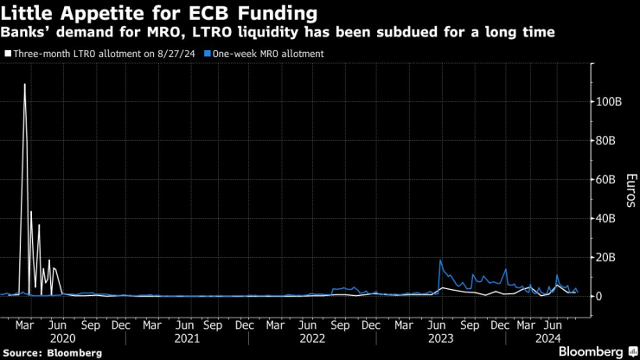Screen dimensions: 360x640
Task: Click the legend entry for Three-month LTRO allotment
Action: point(99,53)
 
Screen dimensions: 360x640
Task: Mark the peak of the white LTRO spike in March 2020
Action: point(24,85)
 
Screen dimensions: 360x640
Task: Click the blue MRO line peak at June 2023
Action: point(440,260)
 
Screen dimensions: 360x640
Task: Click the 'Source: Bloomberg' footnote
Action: point(52,352)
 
